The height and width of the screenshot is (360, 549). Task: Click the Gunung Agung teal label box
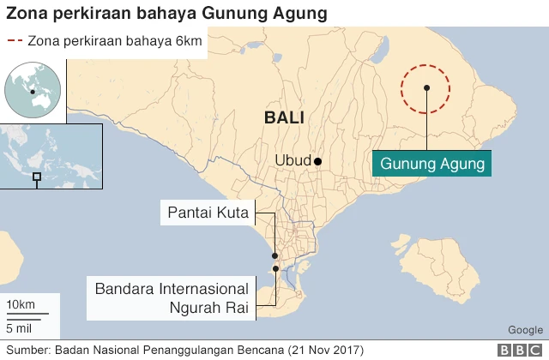click(432, 163)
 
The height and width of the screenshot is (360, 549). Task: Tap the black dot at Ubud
click(317, 161)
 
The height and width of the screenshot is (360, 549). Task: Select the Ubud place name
click(293, 161)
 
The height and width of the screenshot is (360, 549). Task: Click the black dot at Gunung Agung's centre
click(426, 87)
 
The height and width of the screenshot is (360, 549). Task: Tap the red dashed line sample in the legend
click(15, 40)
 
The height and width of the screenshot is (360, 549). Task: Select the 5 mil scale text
click(21, 327)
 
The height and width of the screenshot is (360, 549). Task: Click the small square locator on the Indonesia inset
click(36, 177)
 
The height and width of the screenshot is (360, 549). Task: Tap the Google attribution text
click(525, 330)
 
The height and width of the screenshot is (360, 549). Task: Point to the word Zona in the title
click(27, 13)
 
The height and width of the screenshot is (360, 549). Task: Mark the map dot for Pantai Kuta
click(274, 255)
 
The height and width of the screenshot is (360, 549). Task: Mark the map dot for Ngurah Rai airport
click(275, 269)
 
